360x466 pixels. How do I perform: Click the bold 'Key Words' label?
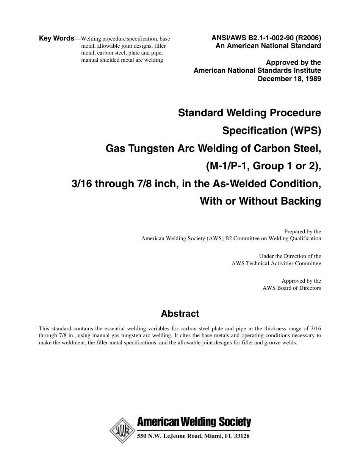click(56, 38)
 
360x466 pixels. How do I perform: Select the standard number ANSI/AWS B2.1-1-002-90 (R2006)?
click(266, 38)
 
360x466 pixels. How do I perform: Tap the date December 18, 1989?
click(289, 79)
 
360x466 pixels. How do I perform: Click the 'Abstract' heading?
click(180, 314)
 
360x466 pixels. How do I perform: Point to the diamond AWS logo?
click(122, 431)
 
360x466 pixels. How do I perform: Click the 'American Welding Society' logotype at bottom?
click(194, 422)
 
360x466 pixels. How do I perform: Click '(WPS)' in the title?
click(305, 131)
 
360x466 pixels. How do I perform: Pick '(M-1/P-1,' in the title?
click(225, 166)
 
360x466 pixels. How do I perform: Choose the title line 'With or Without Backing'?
click(260, 201)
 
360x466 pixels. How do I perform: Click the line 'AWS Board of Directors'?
click(292, 288)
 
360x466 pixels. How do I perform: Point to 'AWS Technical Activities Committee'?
click(276, 263)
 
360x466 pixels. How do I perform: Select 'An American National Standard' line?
click(268, 46)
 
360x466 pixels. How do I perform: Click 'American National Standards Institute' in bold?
click(257, 70)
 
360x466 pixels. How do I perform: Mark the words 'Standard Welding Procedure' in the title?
click(249, 113)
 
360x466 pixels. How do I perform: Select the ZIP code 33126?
click(241, 436)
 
